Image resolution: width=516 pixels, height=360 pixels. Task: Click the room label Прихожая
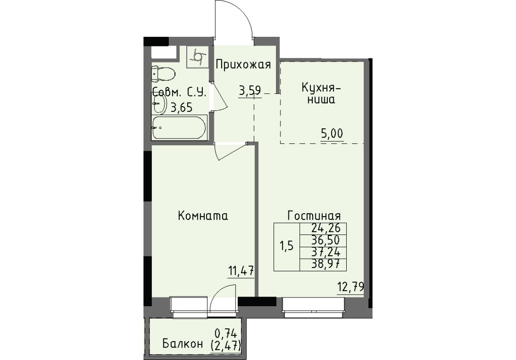243,65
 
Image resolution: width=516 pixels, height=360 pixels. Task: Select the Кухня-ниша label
318,93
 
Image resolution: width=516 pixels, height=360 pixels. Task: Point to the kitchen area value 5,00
332,134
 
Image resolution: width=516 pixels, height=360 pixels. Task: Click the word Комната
203,216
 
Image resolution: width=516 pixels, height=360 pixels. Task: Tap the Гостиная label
314,216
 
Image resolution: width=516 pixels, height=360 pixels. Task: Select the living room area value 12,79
350,287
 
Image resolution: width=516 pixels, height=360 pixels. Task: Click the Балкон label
182,344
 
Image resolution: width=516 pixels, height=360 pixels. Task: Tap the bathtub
179,128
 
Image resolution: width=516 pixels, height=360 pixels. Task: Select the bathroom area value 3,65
181,107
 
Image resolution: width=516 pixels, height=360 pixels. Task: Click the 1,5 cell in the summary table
287,247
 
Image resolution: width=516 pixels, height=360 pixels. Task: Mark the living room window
313,307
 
